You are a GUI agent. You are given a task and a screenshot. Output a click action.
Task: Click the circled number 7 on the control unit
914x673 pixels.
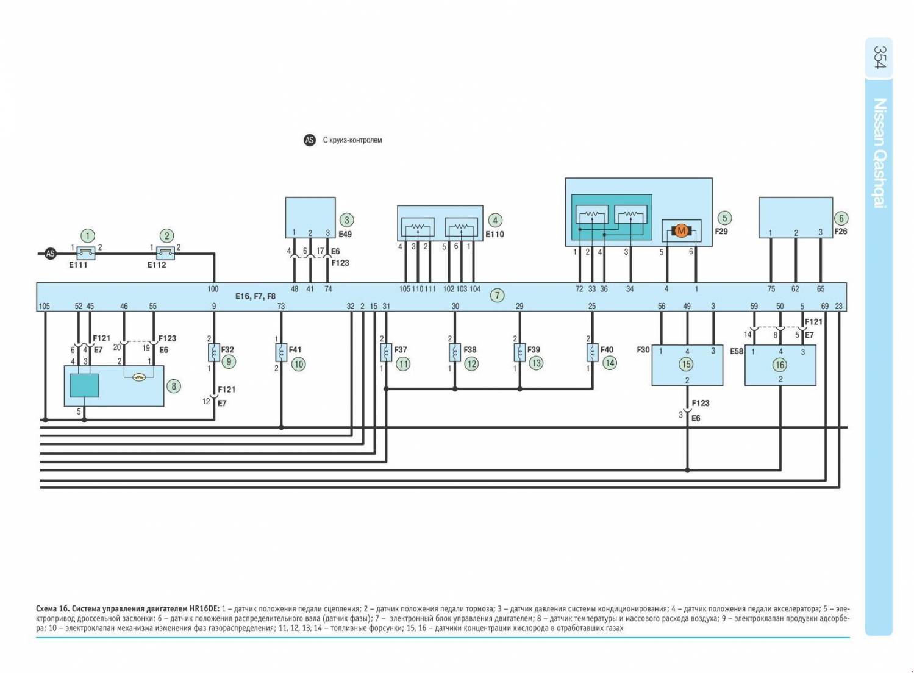[x=498, y=296]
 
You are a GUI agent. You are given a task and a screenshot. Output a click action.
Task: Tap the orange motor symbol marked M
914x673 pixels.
[x=681, y=230]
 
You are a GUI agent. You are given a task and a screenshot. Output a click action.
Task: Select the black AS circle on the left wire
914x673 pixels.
[x=51, y=254]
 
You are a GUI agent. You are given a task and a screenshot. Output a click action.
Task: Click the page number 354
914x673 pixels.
[x=879, y=57]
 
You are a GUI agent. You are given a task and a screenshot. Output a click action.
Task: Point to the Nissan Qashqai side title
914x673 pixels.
[x=880, y=153]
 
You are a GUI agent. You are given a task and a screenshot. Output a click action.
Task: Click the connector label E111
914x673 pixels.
[x=78, y=265]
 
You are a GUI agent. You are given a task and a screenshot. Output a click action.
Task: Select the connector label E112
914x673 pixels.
[x=157, y=265]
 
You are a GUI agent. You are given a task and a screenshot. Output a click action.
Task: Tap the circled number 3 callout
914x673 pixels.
[x=346, y=220]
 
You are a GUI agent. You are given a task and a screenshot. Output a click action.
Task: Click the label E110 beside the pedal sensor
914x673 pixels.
[x=494, y=234]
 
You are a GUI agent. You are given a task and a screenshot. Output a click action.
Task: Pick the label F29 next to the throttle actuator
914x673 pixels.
[x=721, y=232]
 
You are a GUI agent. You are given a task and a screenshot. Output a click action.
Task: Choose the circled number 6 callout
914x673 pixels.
[x=841, y=218]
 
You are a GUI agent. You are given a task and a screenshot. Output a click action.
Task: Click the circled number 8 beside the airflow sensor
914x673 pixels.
[x=174, y=386]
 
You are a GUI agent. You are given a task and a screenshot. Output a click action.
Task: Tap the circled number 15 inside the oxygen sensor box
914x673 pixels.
[x=687, y=365]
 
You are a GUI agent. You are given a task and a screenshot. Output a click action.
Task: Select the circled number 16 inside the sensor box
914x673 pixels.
[x=780, y=365]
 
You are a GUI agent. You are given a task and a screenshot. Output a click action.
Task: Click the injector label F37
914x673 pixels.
[x=401, y=350]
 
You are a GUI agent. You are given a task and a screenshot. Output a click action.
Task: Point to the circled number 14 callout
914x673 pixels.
[x=610, y=363]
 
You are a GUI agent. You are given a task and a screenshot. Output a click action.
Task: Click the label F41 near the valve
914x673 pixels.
[x=295, y=350]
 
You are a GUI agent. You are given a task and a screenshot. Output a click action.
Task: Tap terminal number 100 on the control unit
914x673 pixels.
[x=213, y=289]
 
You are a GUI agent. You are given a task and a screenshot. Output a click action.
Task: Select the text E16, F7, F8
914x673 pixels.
[x=255, y=297]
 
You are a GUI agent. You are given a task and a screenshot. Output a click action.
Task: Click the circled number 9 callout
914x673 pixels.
[x=229, y=362]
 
